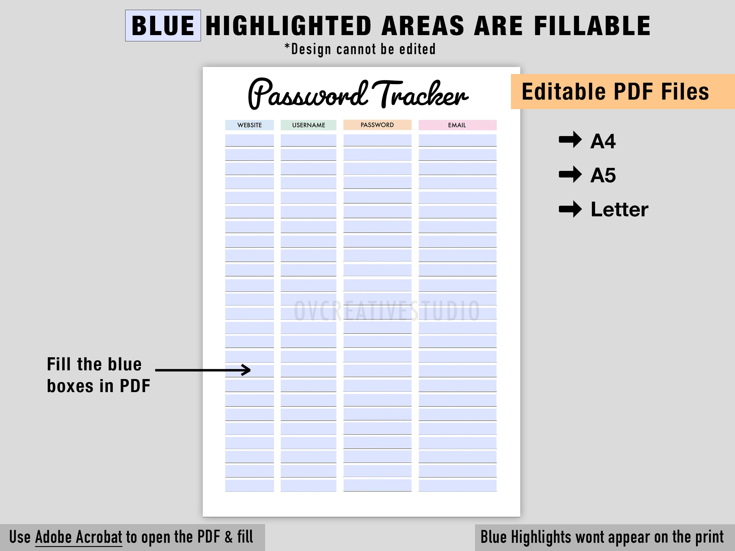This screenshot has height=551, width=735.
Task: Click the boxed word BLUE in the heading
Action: point(163,26)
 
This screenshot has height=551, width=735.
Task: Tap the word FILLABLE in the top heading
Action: point(592,26)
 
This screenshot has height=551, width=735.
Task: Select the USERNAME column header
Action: point(308,125)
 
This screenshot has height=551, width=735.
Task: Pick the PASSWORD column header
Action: point(377,125)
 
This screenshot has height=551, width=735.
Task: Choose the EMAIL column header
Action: point(457,125)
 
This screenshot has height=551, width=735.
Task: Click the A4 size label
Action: point(603,141)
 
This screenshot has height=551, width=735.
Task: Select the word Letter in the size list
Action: point(619,209)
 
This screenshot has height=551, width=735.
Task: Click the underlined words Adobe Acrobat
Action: point(79,537)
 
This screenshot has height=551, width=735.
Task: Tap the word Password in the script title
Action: point(307,94)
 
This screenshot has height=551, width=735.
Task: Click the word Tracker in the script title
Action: point(420,94)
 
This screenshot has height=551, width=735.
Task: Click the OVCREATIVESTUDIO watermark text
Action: point(387,311)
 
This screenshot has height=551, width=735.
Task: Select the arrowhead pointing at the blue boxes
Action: point(246,370)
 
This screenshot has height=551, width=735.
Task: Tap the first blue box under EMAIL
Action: point(457,140)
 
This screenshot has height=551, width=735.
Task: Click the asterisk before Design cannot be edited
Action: point(287,47)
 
